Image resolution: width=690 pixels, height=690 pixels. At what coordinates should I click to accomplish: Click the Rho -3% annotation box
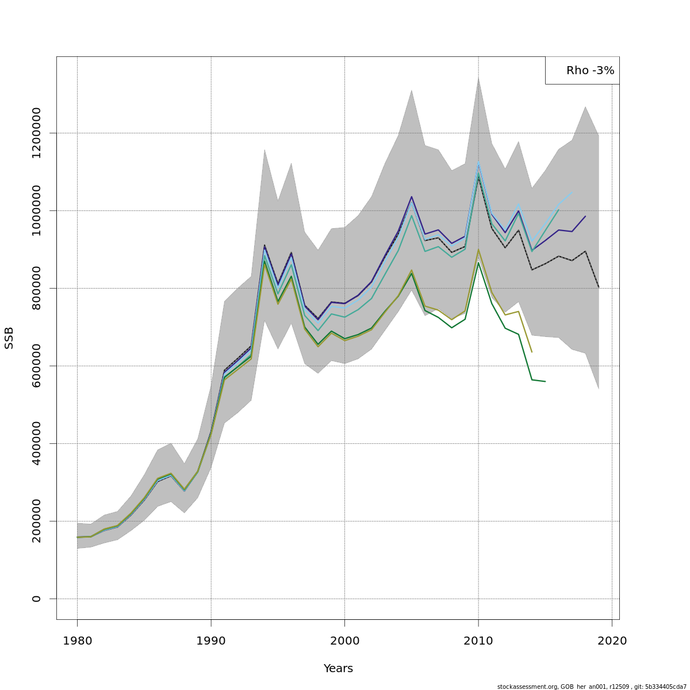coord(582,71)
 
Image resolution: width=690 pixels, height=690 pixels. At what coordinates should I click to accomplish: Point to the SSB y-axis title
coord(9,338)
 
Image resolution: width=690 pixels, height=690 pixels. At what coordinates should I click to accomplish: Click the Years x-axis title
coord(338,669)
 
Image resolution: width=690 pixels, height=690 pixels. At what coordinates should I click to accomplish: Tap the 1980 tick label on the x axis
coord(77,641)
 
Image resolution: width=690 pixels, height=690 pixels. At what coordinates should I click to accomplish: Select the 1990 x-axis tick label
coord(211,641)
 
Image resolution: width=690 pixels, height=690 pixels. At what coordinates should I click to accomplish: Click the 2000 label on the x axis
coord(344,641)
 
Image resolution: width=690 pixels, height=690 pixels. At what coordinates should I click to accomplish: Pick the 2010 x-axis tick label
coord(478,641)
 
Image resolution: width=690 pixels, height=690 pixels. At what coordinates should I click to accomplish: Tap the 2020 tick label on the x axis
coord(612,641)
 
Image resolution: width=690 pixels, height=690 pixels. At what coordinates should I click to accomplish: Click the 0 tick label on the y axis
coord(37,599)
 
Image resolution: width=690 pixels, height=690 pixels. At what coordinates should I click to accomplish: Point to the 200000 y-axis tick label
coord(37,521)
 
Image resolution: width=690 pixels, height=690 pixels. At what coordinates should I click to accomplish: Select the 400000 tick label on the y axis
coord(37,443)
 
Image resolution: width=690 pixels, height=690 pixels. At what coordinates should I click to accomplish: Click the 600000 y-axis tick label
coord(37,366)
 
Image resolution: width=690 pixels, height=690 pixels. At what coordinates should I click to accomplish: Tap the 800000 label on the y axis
coord(37,288)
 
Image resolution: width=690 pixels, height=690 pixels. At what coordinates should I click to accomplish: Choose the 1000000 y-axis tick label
coord(37,210)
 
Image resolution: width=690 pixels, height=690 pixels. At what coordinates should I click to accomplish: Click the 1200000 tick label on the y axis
coord(37,133)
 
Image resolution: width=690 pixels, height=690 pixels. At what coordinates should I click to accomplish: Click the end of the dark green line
coord(545,381)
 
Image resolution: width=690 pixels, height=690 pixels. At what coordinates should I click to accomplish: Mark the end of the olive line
coord(532,352)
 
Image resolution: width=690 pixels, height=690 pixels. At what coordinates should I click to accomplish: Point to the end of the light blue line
coord(572,191)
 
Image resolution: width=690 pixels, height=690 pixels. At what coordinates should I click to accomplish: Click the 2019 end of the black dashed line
coord(599,287)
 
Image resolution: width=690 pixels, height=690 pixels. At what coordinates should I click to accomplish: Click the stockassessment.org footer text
coord(592,687)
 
